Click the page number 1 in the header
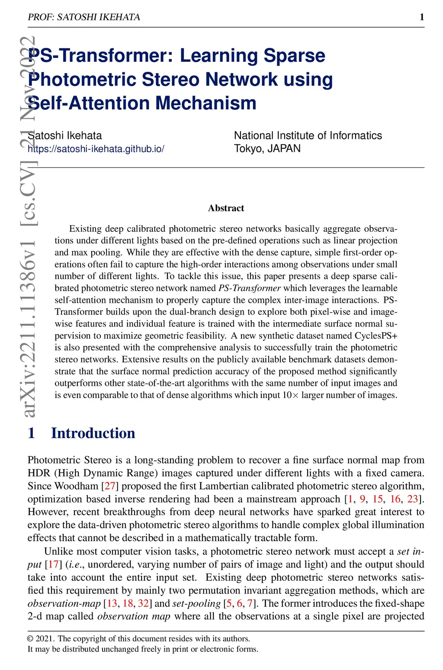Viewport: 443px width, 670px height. coord(422,17)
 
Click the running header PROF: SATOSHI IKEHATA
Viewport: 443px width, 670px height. coord(84,17)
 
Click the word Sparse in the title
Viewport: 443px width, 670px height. coord(294,55)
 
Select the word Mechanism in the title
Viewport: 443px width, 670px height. coord(206,103)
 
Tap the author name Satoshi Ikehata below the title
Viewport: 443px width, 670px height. coord(65,135)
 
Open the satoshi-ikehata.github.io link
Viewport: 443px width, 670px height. coord(96,149)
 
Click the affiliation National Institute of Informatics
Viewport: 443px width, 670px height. coord(308,135)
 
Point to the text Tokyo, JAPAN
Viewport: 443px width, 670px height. coord(267,148)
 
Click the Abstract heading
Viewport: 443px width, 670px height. coord(226,208)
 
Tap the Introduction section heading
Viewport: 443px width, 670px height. coord(93,433)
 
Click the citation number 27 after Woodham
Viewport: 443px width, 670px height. coord(110,486)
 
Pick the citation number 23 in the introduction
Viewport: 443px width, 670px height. coord(413,499)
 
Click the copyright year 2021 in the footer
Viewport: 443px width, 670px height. coord(45,638)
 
